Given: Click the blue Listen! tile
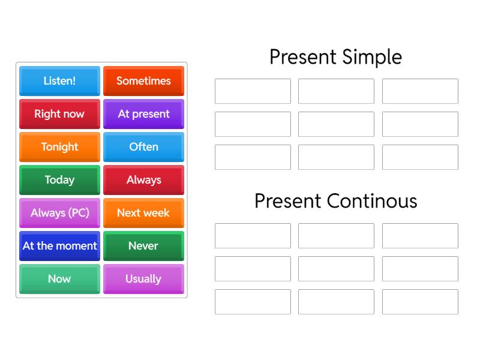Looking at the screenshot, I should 59,81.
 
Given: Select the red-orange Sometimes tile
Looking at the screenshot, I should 143,81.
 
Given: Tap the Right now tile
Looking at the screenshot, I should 59,114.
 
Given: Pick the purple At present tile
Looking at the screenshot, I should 143,114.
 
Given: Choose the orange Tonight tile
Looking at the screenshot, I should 59,147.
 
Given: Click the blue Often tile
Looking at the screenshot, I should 143,147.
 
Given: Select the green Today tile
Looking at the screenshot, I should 59,180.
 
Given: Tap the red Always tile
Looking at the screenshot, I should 143,180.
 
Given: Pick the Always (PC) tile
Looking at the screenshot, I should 59,213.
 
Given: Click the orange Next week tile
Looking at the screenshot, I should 143,213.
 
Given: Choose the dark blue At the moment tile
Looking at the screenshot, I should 59,246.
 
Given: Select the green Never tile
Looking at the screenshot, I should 143,246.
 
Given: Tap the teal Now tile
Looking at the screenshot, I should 59,279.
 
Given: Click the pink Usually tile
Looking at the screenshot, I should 143,279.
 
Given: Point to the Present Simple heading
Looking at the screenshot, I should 335,57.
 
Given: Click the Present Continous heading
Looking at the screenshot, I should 335,200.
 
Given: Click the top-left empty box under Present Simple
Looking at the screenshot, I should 253,91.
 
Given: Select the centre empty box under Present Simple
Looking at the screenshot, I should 336,124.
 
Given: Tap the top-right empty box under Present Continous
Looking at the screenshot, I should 420,236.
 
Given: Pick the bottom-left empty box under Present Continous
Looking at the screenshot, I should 253,302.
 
